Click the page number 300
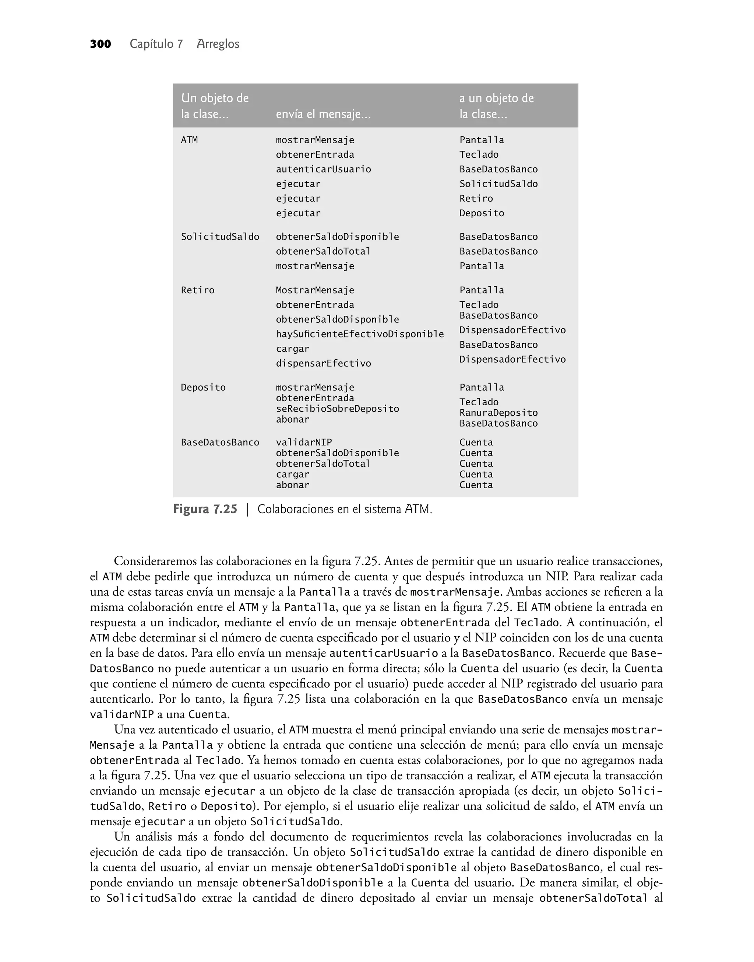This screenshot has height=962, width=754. tap(100, 44)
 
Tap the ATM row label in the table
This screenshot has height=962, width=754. tap(189, 140)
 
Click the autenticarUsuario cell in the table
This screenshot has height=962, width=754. tap(323, 169)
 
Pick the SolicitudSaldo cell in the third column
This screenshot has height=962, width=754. tap(498, 184)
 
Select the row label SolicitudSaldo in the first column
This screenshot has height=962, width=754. tap(220, 237)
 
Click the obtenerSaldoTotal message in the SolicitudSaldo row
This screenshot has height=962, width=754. tap(323, 251)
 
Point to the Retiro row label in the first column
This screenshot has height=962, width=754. tap(197, 290)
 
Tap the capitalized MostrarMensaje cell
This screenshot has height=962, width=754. tap(315, 290)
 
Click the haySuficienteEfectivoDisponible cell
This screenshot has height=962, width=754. tap(359, 334)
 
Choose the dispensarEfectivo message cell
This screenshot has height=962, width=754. tap(323, 364)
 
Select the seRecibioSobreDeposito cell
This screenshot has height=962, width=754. tap(337, 409)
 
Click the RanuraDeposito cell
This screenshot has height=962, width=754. tap(498, 413)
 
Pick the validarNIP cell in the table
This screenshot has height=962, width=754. tap(304, 442)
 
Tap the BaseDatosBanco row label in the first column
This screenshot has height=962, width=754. tap(220, 442)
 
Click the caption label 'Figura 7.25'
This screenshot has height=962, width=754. tap(205, 509)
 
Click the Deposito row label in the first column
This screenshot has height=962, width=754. tap(203, 387)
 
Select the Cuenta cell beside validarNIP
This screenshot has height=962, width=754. tap(476, 442)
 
